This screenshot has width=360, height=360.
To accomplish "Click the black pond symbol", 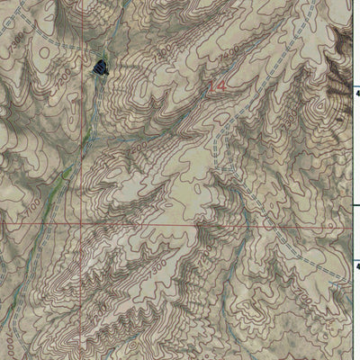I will (x=100, y=65).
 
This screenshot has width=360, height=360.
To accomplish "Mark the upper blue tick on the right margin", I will (x=355, y=90).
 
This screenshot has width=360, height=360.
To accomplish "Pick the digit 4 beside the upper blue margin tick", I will (x=356, y=93).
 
